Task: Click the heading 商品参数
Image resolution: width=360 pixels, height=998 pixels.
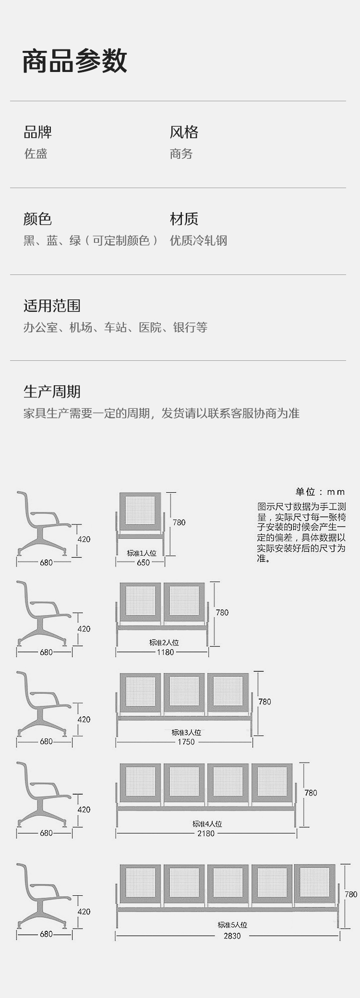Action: (x=75, y=61)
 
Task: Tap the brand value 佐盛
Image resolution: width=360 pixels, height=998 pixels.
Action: (x=36, y=154)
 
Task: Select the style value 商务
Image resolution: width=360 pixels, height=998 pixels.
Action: (x=181, y=154)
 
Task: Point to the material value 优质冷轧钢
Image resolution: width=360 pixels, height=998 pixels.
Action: (x=198, y=240)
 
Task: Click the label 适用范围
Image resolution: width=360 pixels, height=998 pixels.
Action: (x=52, y=306)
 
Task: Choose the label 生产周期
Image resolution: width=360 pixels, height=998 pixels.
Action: (x=52, y=392)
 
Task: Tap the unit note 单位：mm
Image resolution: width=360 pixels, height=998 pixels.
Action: (x=320, y=492)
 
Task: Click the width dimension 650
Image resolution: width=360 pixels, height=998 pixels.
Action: (x=143, y=562)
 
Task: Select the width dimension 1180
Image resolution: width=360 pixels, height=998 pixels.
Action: (x=165, y=652)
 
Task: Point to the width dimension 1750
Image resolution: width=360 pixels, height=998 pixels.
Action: (x=186, y=742)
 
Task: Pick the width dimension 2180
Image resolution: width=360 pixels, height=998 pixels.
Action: (x=206, y=833)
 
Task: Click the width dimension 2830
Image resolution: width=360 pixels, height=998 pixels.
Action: (x=232, y=936)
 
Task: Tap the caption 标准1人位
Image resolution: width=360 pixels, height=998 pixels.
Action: (x=142, y=553)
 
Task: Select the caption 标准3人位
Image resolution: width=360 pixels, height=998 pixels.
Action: (x=186, y=733)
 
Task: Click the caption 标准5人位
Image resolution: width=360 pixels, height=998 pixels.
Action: (x=232, y=925)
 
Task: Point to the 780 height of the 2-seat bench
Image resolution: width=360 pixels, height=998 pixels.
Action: (x=222, y=612)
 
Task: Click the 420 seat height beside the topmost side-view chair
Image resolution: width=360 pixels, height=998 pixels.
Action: (x=84, y=539)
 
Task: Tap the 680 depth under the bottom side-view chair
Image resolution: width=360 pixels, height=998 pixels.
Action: (x=46, y=934)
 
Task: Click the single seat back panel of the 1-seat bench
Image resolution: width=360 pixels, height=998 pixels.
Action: (x=140, y=511)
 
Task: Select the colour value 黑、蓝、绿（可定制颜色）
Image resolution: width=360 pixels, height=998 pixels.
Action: (x=90, y=240)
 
